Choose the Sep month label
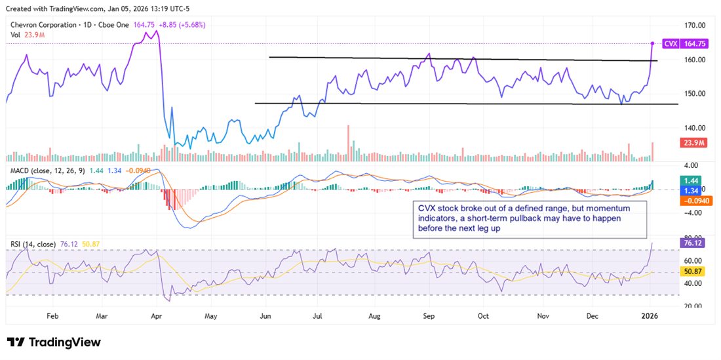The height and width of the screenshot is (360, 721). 429,315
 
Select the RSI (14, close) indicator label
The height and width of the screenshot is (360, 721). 31,245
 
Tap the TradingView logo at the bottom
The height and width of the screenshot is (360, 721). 54,342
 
